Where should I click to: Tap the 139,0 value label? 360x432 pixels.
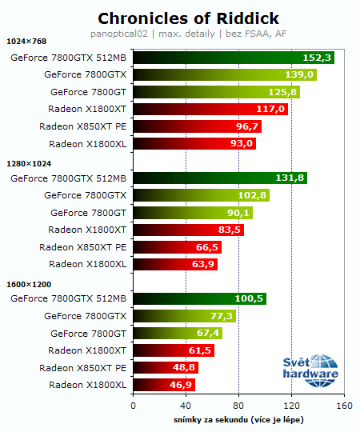coord(300,74)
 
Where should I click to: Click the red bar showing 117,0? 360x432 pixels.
coord(210,109)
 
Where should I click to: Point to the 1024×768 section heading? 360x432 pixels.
coord(26,42)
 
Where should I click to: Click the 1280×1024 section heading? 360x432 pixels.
coord(28,162)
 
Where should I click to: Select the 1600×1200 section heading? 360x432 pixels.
coord(28,283)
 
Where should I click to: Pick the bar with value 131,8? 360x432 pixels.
coord(220,178)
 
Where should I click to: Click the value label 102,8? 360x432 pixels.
coord(252,195)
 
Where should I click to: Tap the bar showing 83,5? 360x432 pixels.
coord(188,230)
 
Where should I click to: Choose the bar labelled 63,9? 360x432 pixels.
coord(175,264)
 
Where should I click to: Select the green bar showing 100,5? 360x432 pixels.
coord(199,298)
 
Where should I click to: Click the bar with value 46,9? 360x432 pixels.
coord(164,385)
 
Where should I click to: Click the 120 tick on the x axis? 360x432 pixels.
coord(291,406)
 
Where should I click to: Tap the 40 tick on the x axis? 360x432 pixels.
coord(186,406)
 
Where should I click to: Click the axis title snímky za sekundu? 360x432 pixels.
coord(238,419)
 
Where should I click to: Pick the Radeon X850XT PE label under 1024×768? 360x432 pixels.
coord(82,126)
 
